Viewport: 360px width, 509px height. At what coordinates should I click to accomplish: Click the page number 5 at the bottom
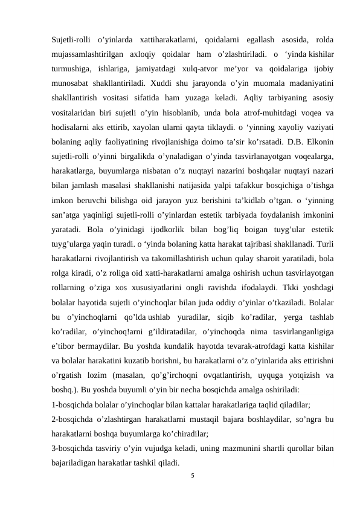192,476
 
